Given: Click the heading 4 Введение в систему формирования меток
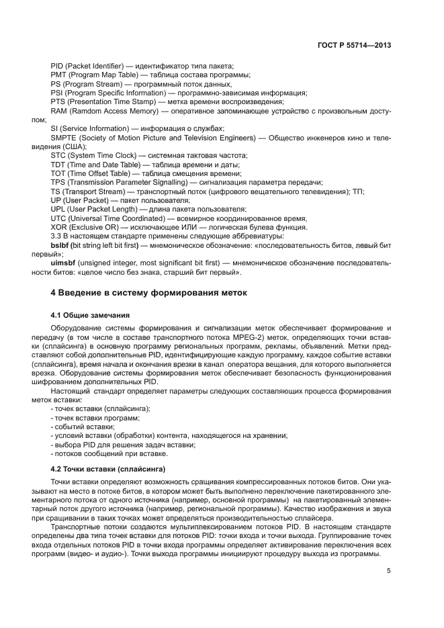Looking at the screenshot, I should click(x=149, y=293).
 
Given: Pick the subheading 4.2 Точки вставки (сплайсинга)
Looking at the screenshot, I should click(x=108, y=467).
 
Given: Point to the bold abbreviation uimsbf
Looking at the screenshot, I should click(x=64, y=264).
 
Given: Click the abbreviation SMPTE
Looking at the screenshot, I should click(x=64, y=137).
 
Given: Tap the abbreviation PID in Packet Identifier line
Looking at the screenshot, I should click(x=57, y=65).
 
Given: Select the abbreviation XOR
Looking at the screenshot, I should click(x=59, y=228).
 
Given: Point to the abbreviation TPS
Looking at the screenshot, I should click(x=58, y=182).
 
